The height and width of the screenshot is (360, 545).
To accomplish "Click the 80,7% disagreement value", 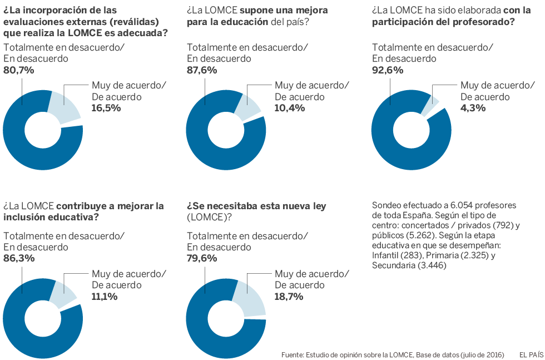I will pos(19,71).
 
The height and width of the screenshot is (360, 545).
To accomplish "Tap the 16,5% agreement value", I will pos(106,108).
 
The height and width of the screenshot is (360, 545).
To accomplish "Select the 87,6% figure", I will pos(202,71).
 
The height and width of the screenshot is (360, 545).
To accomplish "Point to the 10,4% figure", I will pos(290,108).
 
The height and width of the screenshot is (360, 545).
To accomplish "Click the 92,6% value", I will pos(387,71).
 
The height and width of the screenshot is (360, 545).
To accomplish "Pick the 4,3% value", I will pos(473,108).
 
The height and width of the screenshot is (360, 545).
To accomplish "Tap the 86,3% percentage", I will pos(19,258).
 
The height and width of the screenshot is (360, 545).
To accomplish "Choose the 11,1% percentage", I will pos(104,297).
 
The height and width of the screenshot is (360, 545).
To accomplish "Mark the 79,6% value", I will pos(202,258).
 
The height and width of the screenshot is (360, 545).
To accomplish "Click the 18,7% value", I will pos(290,297).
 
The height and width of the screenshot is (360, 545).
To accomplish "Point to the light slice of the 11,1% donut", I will pos(63,293).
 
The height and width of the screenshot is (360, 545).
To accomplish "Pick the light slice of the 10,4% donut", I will pos(246,106).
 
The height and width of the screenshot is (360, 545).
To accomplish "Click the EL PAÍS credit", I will pos(531,354).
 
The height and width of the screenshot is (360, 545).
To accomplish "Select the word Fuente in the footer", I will pos(292,354).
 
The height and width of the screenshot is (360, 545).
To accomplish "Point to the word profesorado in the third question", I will pos(483,22).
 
